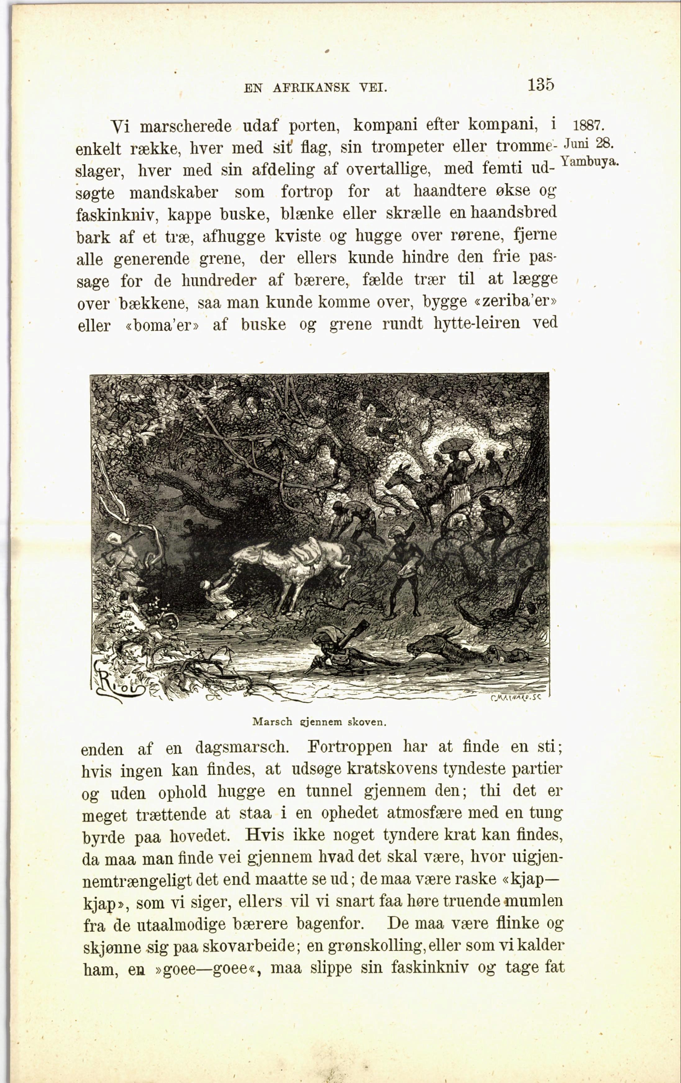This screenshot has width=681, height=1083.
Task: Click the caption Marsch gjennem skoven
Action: click(319, 722)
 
